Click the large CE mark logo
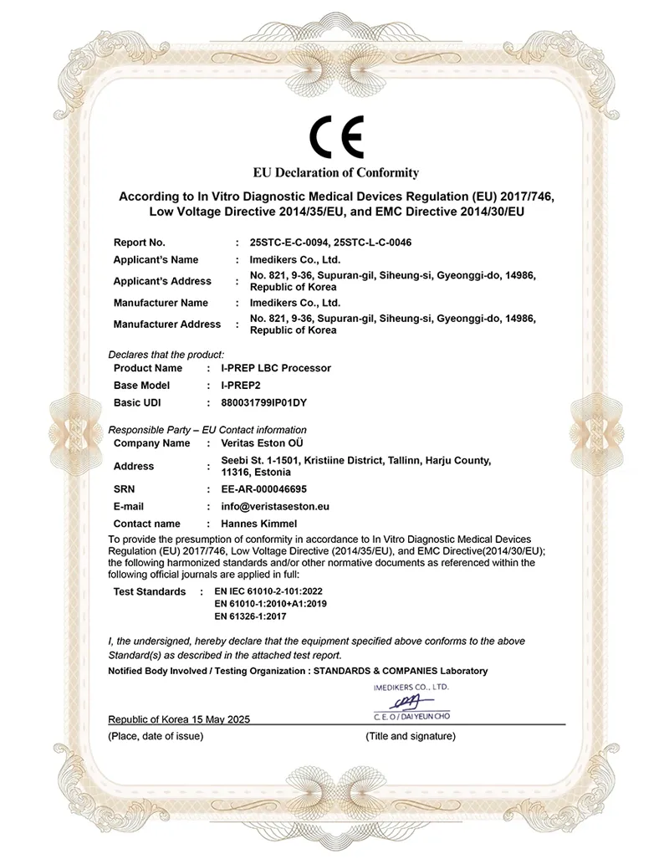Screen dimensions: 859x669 336,138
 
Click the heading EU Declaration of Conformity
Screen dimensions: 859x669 336,173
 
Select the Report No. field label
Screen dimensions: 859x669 139,243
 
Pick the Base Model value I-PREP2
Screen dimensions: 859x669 242,386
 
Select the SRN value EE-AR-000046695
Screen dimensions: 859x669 263,488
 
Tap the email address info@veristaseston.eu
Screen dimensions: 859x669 274,506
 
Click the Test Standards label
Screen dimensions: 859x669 149,591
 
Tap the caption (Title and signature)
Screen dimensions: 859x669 411,736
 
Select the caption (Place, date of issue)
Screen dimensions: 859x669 156,736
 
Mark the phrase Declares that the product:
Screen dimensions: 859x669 166,355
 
